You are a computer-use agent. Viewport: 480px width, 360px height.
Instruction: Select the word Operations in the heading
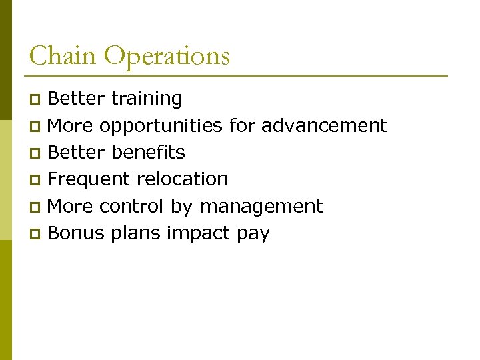pyautogui.click(x=167, y=57)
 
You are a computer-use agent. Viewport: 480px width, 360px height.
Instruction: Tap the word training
pyautogui.click(x=147, y=99)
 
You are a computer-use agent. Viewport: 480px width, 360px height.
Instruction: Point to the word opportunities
pyautogui.click(x=161, y=126)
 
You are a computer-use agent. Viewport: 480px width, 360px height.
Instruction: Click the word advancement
pyautogui.click(x=324, y=125)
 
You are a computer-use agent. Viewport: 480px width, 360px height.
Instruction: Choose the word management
pyautogui.click(x=261, y=207)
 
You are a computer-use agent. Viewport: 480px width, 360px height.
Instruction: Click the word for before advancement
pyautogui.click(x=242, y=125)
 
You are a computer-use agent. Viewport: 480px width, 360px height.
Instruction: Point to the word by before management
pyautogui.click(x=181, y=207)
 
